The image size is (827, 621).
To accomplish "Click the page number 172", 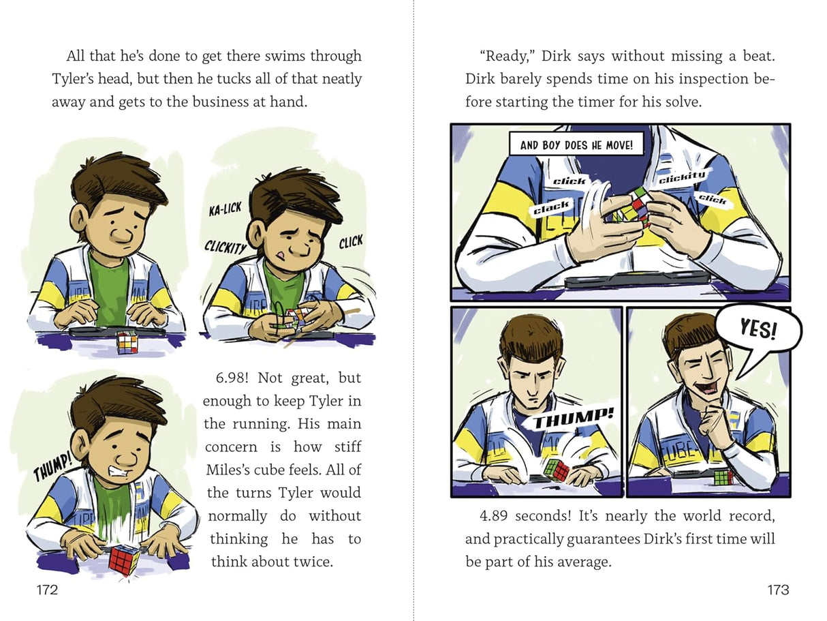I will click(x=48, y=590).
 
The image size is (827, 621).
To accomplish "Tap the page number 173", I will click(x=778, y=590).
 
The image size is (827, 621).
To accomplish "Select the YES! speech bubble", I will click(x=758, y=331).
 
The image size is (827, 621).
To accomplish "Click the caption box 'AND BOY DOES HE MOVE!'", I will click(x=576, y=145).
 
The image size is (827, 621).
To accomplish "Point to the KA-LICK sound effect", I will click(x=225, y=209).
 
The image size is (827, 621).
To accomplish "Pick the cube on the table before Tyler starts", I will click(x=127, y=342).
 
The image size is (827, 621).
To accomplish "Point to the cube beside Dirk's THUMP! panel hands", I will click(x=557, y=470).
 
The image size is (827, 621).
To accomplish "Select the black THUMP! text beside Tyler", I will click(x=52, y=466).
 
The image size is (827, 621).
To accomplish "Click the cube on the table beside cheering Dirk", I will click(x=723, y=476).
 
